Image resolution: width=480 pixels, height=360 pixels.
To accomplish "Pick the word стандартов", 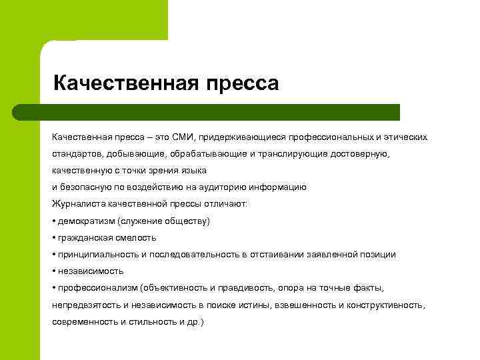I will tap(76, 154).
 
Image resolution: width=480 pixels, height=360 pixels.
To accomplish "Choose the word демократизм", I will tap(85, 221).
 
